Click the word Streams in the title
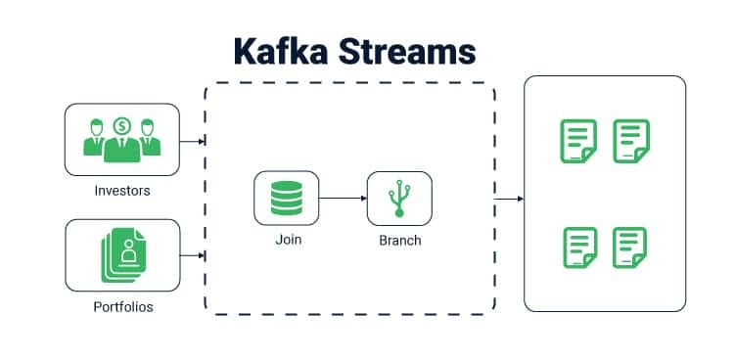(x=412, y=51)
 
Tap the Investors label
(x=122, y=191)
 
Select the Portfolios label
(x=123, y=307)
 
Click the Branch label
(x=398, y=240)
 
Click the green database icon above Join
(x=286, y=199)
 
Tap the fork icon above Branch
(x=398, y=200)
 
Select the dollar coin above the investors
(x=122, y=125)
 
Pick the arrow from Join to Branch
(x=342, y=199)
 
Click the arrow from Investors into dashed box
(x=193, y=142)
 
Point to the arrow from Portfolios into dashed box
(x=193, y=256)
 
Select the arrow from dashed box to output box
(x=509, y=200)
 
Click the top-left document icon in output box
(x=577, y=141)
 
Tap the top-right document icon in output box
(x=630, y=141)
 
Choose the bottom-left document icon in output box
(x=579, y=247)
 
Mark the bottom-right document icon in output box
(x=630, y=247)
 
